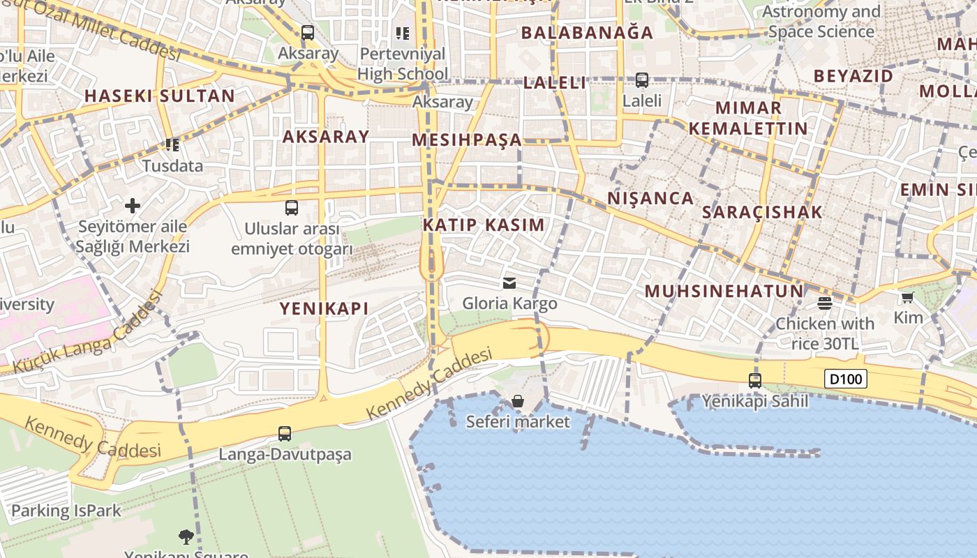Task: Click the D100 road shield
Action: coord(846,379)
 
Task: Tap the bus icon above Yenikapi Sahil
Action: coord(754,381)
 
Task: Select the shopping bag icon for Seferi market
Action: coord(518,401)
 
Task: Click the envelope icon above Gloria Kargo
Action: coord(509,283)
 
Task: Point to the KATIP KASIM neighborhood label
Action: coord(484,225)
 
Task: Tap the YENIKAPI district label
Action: coord(324,308)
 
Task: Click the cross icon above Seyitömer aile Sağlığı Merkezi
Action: coord(133,205)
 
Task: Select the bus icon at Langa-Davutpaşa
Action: coord(285,434)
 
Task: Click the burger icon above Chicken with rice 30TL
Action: coord(825,303)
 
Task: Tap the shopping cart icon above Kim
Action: coord(907,298)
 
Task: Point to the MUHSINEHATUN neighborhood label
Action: coord(724,292)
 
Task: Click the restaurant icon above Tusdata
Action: coord(172,145)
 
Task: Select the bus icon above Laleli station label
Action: coord(642,80)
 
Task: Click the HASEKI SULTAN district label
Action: coord(160,96)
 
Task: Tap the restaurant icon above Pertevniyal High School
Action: coord(402,33)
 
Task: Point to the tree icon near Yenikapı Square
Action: coord(186,536)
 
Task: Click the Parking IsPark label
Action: coord(66,511)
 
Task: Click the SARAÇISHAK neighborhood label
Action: coord(762,213)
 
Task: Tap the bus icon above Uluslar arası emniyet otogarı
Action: coord(292,208)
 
